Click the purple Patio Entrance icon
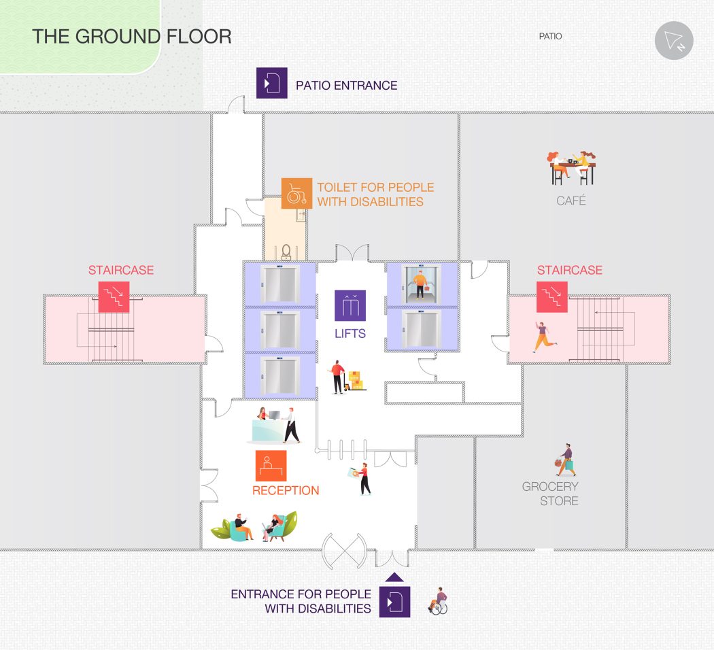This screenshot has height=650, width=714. [272, 83]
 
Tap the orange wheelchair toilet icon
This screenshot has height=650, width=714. [296, 194]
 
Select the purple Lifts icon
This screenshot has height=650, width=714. [350, 305]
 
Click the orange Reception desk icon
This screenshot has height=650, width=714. [271, 466]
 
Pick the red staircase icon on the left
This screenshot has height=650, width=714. [114, 296]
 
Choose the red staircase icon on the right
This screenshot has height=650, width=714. [552, 296]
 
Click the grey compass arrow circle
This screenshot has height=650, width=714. [674, 41]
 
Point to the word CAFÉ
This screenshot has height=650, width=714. [571, 201]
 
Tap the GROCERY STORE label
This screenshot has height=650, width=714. [550, 494]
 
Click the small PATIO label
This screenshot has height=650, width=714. [551, 36]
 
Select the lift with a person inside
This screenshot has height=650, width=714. [421, 284]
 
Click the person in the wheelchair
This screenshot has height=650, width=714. [438, 601]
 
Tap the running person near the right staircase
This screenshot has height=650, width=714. [544, 337]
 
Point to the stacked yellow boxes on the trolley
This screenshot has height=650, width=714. [356, 381]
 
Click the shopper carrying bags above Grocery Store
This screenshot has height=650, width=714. [565, 460]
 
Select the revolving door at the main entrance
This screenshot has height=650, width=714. [344, 551]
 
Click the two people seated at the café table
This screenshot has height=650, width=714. [572, 168]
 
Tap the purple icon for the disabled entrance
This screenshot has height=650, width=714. [395, 602]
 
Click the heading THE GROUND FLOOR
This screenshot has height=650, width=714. [132, 37]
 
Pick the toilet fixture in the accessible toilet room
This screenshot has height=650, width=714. [286, 252]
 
